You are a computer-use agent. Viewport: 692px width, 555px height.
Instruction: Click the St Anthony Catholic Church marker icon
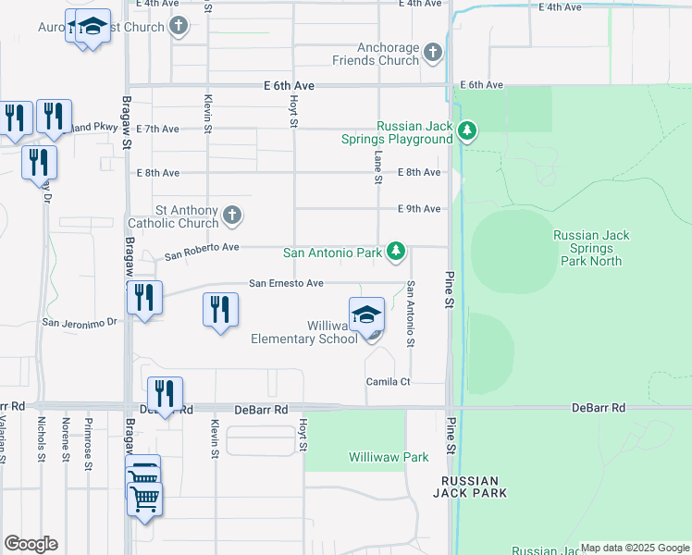tap(232, 216)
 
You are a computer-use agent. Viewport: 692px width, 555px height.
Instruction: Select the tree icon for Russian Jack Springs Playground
tap(468, 132)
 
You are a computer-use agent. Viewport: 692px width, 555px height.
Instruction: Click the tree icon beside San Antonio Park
tap(396, 252)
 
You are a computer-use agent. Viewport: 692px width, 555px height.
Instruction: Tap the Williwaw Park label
tap(389, 457)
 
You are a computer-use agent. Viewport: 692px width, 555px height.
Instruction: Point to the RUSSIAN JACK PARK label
tap(470, 487)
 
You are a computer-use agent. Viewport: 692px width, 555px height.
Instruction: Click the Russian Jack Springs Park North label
tap(591, 248)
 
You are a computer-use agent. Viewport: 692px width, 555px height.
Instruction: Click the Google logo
tap(31, 544)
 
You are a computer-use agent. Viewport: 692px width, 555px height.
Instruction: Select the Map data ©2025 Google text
tap(635, 548)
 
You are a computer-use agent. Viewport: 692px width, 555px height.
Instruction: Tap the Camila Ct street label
tap(387, 381)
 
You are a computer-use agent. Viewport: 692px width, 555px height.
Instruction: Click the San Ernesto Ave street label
tap(286, 283)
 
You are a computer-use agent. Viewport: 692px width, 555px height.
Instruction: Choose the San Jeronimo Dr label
tap(80, 323)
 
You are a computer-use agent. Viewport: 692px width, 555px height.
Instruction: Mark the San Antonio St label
tap(410, 314)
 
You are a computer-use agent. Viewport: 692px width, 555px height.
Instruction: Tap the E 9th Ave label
tap(419, 209)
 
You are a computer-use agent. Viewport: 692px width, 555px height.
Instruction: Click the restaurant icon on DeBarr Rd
tap(165, 395)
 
